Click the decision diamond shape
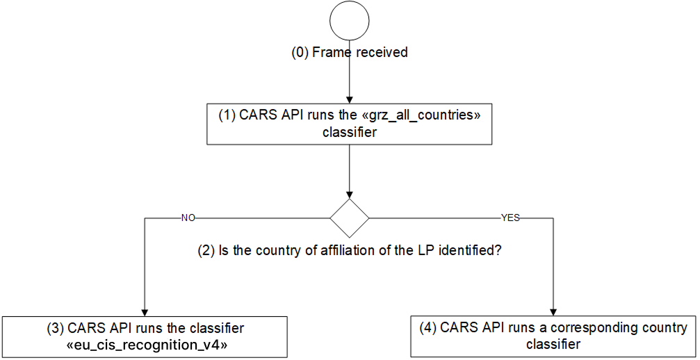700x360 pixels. (349, 218)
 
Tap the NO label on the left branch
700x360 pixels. (188, 218)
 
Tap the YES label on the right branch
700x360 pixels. (510, 218)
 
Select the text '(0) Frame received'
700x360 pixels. (349, 53)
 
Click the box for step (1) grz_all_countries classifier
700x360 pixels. (349, 124)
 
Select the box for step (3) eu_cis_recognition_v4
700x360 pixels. (144, 336)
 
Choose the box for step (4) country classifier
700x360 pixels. (553, 336)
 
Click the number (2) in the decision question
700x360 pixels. (206, 250)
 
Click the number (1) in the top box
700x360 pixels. (227, 116)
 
